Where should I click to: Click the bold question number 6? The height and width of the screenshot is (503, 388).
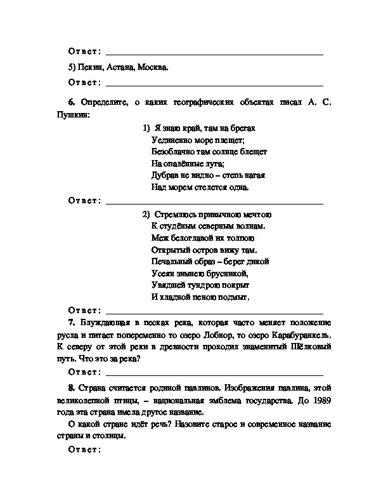[70, 102]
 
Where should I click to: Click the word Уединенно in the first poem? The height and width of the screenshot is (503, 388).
[172, 140]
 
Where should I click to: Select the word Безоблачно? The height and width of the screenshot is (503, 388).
[174, 152]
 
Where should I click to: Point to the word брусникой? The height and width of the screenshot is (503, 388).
[229, 273]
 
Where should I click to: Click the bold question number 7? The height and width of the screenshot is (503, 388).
[70, 323]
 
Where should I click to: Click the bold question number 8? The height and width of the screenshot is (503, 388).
[70, 388]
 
